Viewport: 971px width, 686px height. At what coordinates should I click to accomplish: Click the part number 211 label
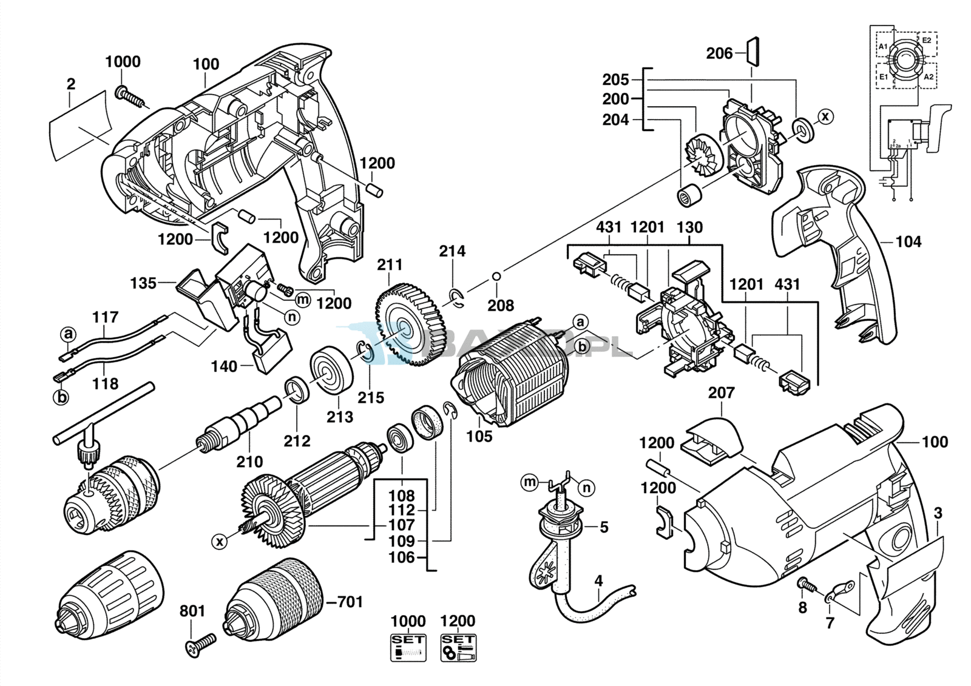(x=390, y=265)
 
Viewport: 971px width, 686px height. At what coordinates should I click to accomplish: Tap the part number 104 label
(x=908, y=242)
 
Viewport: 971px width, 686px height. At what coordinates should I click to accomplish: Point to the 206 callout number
(x=719, y=54)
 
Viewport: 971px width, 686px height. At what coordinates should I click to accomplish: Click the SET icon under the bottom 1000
(x=408, y=647)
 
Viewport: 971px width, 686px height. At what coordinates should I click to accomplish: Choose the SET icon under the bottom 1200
(x=458, y=647)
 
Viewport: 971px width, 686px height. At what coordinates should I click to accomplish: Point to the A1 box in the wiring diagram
(x=883, y=47)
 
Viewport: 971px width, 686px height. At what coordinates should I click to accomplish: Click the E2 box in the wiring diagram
(x=927, y=41)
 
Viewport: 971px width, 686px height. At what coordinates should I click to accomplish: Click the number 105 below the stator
(x=479, y=436)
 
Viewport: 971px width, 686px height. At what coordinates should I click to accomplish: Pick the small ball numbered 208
(x=496, y=277)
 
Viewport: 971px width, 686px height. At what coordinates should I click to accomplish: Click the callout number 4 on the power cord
(x=598, y=580)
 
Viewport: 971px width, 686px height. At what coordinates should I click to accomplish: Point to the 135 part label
(x=143, y=283)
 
